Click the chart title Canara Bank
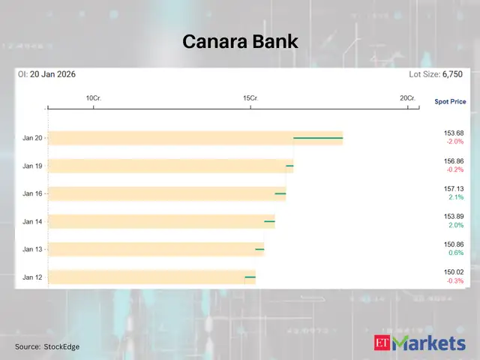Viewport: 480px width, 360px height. pyautogui.click(x=240, y=42)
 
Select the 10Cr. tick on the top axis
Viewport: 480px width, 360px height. pyautogui.click(x=93, y=98)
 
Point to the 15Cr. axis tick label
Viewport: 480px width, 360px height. pyautogui.click(x=250, y=98)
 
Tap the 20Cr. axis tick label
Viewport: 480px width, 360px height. pyautogui.click(x=407, y=98)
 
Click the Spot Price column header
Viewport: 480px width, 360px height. pyautogui.click(x=450, y=100)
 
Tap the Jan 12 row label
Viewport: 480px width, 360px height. pyautogui.click(x=32, y=277)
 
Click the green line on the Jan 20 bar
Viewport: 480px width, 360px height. pyautogui.click(x=318, y=138)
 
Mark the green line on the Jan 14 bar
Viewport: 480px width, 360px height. pyautogui.click(x=269, y=221)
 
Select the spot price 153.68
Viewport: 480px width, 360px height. pyautogui.click(x=454, y=133)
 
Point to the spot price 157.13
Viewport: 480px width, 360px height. pyautogui.click(x=454, y=189)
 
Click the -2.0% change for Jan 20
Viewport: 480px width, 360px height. pyautogui.click(x=455, y=142)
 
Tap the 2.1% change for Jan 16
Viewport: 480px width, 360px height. pyautogui.click(x=456, y=197)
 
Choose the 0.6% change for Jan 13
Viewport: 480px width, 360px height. pyautogui.click(x=456, y=253)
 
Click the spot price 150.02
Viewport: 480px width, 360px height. pyautogui.click(x=454, y=272)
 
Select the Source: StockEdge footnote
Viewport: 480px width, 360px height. pyautogui.click(x=47, y=346)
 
